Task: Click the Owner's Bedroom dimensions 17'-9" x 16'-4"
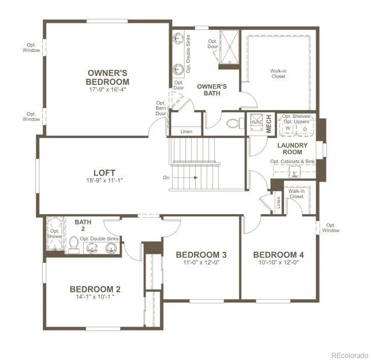point(107,89)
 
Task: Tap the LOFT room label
point(104,173)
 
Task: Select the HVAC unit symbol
point(257,122)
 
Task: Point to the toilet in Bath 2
point(74,245)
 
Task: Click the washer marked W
point(288,128)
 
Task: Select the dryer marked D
point(305,128)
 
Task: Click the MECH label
point(269,124)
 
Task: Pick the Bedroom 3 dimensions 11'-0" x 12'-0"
point(201,263)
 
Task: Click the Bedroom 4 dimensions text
point(279,263)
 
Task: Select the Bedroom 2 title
point(95,289)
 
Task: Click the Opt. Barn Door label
point(161,108)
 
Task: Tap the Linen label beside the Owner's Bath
point(187,132)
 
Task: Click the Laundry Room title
point(292,149)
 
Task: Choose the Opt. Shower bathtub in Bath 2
point(55,234)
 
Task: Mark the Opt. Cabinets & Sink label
point(292,161)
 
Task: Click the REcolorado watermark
point(350,355)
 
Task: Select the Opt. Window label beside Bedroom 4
point(331,228)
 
